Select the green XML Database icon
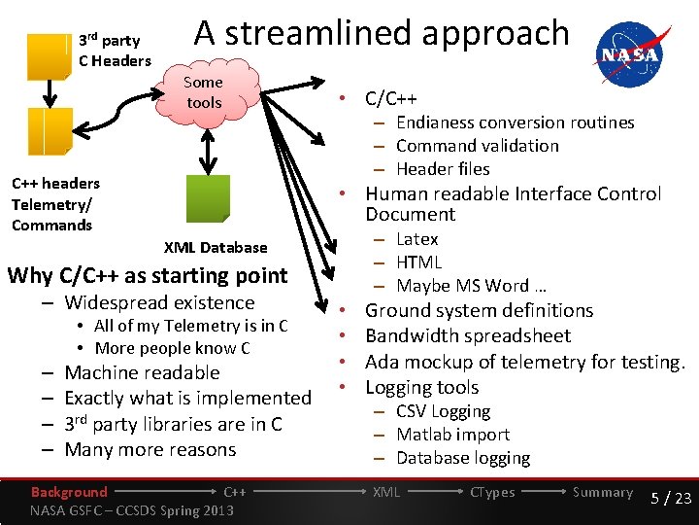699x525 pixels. (207, 198)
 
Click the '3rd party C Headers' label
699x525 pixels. (115, 51)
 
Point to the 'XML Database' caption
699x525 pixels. (215, 248)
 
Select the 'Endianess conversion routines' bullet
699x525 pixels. (515, 122)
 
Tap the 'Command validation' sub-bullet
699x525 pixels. (477, 146)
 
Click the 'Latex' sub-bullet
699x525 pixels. (417, 239)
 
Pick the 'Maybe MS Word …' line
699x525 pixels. (472, 286)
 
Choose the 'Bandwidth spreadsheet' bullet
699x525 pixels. (467, 336)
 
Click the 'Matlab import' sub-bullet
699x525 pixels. (452, 435)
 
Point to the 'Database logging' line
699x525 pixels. (463, 458)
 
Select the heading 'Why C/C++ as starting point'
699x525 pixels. (148, 275)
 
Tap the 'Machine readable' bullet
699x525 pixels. (142, 373)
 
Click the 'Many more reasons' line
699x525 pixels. (150, 450)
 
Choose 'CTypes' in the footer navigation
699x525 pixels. (492, 492)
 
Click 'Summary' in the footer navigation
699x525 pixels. (602, 492)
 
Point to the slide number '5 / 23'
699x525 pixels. (670, 498)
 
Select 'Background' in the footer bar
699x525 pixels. (69, 492)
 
